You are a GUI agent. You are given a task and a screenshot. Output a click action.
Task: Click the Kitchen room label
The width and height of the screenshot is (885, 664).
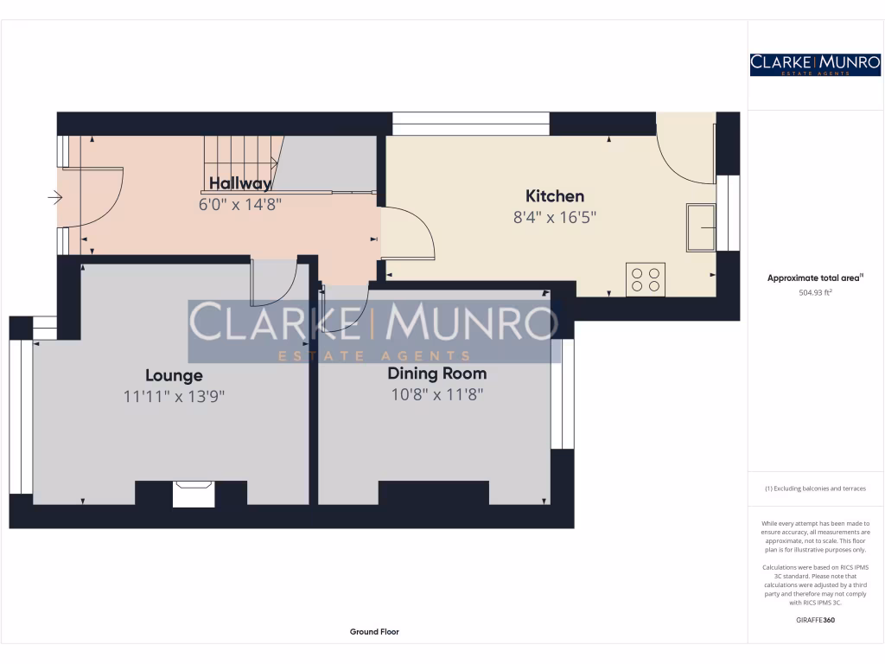point(555,196)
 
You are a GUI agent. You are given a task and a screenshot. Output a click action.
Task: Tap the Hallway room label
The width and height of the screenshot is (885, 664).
point(240,183)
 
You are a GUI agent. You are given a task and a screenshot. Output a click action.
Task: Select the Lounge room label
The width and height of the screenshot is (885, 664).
point(174,375)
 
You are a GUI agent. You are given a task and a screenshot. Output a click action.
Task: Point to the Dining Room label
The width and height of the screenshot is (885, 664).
point(436,373)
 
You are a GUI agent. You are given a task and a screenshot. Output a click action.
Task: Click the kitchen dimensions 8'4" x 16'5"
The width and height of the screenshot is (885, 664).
point(555,218)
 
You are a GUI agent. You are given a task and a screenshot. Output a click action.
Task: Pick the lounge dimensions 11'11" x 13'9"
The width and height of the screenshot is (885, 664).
point(174,396)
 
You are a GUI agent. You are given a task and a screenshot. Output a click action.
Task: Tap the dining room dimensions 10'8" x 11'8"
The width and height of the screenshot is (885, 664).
point(436,395)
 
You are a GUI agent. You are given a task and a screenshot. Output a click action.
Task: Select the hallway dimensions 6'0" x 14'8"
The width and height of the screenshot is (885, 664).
point(240,204)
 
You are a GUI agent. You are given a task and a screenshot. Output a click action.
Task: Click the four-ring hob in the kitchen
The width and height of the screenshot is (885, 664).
point(645,278)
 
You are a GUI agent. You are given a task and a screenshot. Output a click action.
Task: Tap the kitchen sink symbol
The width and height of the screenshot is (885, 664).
point(701,227)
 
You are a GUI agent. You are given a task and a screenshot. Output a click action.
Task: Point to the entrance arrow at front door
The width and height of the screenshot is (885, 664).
point(55,199)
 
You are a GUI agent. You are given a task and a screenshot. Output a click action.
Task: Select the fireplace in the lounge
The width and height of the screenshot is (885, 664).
point(194,495)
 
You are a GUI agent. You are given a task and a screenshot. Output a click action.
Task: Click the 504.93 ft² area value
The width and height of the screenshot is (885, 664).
point(815,292)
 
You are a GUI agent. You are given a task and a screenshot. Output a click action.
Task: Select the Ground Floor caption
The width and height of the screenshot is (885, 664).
point(374,632)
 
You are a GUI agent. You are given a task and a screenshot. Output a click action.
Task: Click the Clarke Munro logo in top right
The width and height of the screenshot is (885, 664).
point(815,64)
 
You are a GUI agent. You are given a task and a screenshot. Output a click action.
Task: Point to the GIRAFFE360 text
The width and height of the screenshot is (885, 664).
point(815,620)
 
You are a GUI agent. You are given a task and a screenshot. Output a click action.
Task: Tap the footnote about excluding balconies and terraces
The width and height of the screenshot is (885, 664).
point(815,488)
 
